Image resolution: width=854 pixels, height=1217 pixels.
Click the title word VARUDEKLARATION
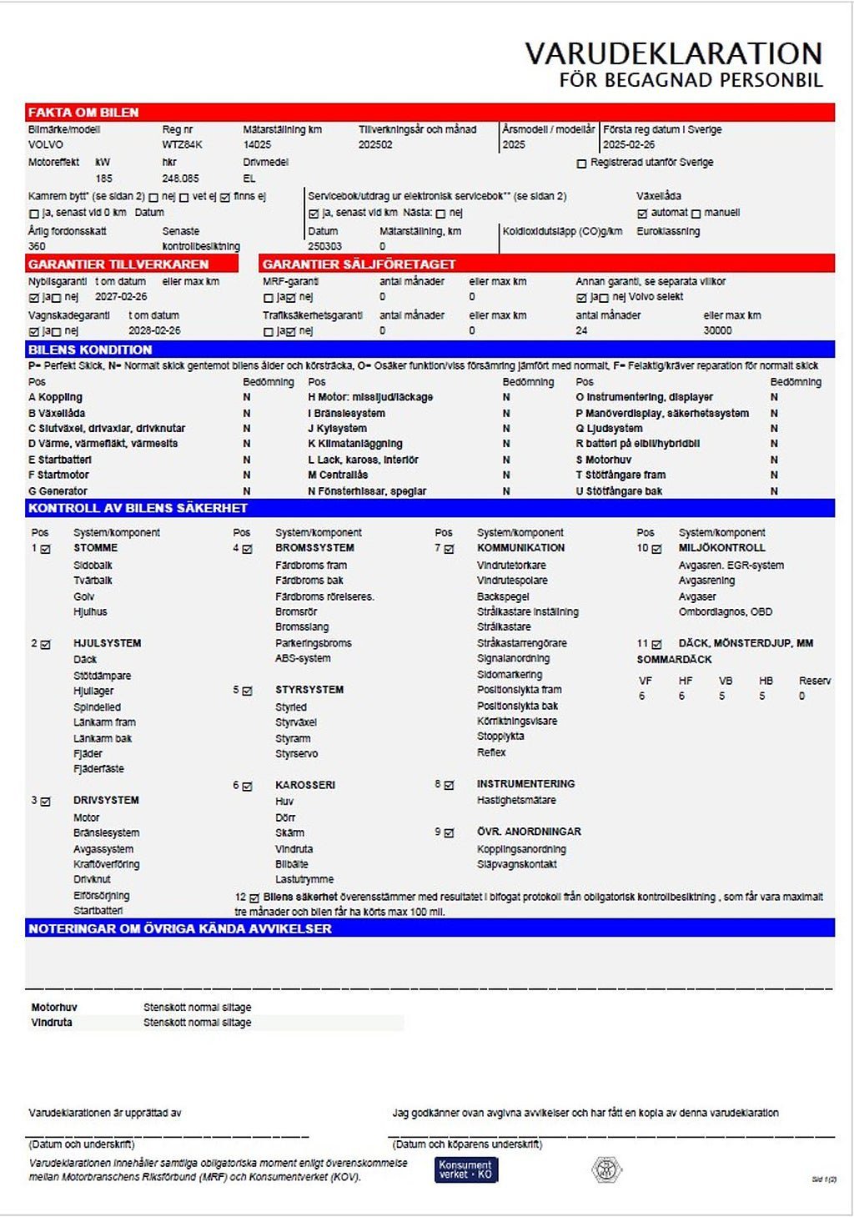(x=673, y=53)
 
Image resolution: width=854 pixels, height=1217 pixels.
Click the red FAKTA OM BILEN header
(x=83, y=113)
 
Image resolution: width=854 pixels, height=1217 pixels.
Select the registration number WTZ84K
(x=182, y=145)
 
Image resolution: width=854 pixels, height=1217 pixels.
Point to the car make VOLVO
(x=45, y=145)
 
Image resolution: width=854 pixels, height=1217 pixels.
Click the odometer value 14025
(x=257, y=145)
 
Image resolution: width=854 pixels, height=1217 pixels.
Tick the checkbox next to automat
(x=642, y=214)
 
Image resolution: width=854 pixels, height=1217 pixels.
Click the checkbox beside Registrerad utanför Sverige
(x=581, y=163)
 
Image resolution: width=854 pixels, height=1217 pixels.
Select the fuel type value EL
(x=249, y=179)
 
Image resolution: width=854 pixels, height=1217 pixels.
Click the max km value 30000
(x=717, y=331)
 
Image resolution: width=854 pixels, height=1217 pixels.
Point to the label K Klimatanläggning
(x=354, y=444)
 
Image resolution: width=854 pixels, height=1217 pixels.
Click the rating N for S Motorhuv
(x=774, y=460)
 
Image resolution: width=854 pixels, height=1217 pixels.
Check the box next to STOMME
(x=46, y=549)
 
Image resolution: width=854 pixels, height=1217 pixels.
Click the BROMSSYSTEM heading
(x=314, y=548)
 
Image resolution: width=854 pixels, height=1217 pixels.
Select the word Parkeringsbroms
(x=313, y=643)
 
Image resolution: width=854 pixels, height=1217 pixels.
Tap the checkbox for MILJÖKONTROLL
(x=657, y=549)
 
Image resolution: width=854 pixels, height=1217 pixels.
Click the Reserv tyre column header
(x=814, y=681)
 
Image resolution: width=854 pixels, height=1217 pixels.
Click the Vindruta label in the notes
(x=52, y=1022)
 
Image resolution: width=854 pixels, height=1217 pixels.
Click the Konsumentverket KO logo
(x=465, y=1169)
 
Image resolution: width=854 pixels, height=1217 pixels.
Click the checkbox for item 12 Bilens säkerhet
(x=254, y=898)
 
